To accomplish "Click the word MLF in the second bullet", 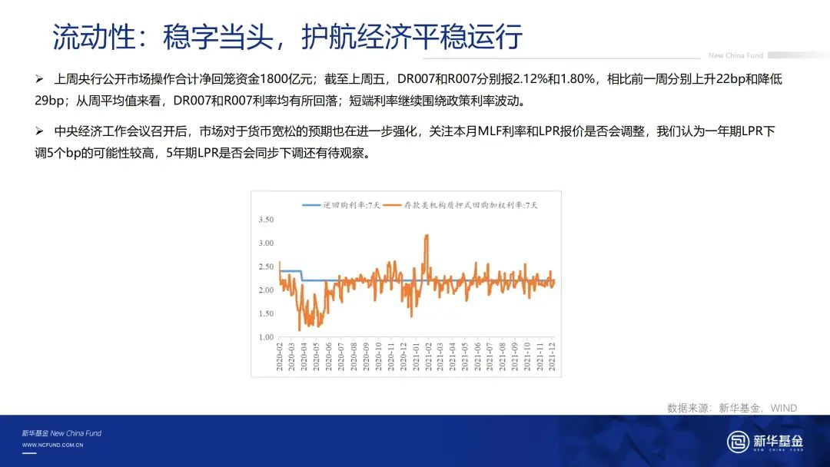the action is (x=490, y=131).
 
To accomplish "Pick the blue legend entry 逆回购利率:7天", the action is (x=341, y=205).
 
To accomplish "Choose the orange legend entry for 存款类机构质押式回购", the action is (x=460, y=205).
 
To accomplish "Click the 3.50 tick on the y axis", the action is (x=266, y=220).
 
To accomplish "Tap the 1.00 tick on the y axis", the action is (x=266, y=337).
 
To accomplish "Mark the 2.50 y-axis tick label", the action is (x=266, y=267).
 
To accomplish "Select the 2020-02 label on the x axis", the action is (x=280, y=356).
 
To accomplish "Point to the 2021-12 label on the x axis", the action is (x=552, y=356).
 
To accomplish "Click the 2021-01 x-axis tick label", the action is (x=416, y=356).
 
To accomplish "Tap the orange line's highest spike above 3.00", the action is (x=426, y=236).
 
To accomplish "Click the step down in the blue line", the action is (x=302, y=276).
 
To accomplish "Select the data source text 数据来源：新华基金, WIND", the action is (x=732, y=408).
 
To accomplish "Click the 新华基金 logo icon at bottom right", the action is (x=738, y=441).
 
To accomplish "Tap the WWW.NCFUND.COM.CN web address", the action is (x=53, y=445).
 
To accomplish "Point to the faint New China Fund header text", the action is (x=735, y=55).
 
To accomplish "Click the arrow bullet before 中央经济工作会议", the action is (x=39, y=131).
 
